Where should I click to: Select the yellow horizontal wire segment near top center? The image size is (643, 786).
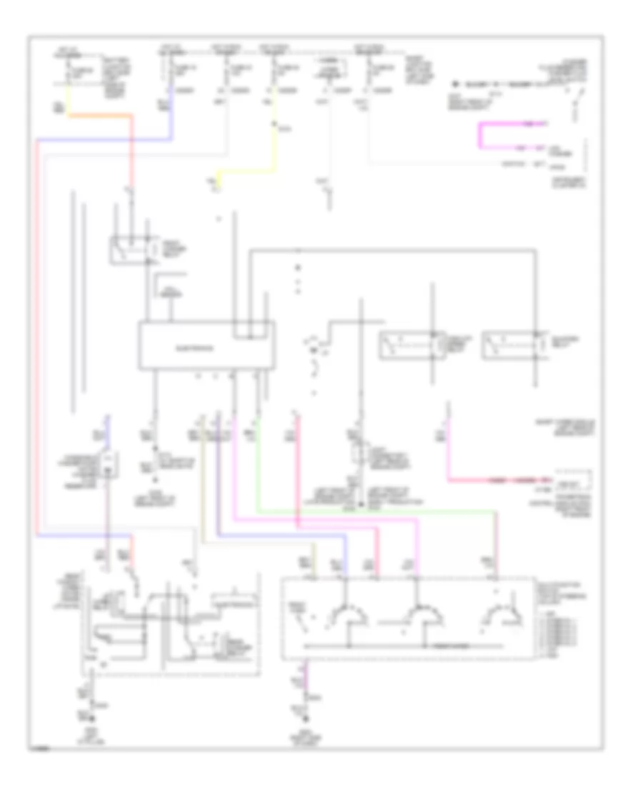[x=246, y=171]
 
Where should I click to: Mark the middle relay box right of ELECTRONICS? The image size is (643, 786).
[x=408, y=345]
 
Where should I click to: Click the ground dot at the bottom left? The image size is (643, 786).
[x=90, y=717]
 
